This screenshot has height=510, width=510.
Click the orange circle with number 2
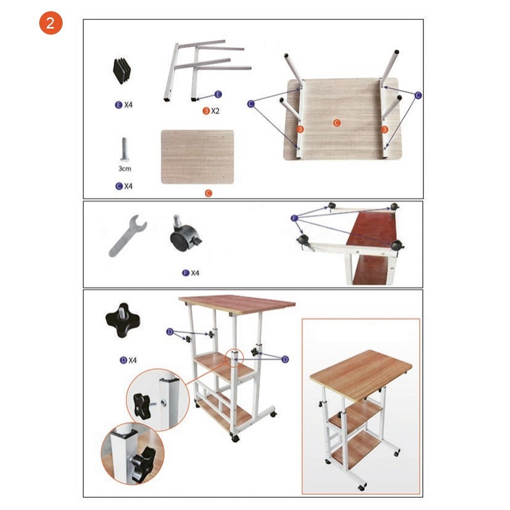tap(50, 23)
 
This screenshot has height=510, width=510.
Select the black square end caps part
tap(121, 70)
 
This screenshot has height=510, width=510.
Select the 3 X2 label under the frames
tap(211, 111)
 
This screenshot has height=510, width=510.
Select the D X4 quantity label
tap(128, 360)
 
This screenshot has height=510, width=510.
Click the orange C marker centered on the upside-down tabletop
tap(337, 123)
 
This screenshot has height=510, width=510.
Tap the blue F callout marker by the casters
tap(294, 218)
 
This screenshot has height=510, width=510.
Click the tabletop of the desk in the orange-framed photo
tap(361, 373)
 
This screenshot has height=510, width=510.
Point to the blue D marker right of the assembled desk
tap(285, 359)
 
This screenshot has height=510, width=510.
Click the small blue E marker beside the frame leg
tap(218, 94)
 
